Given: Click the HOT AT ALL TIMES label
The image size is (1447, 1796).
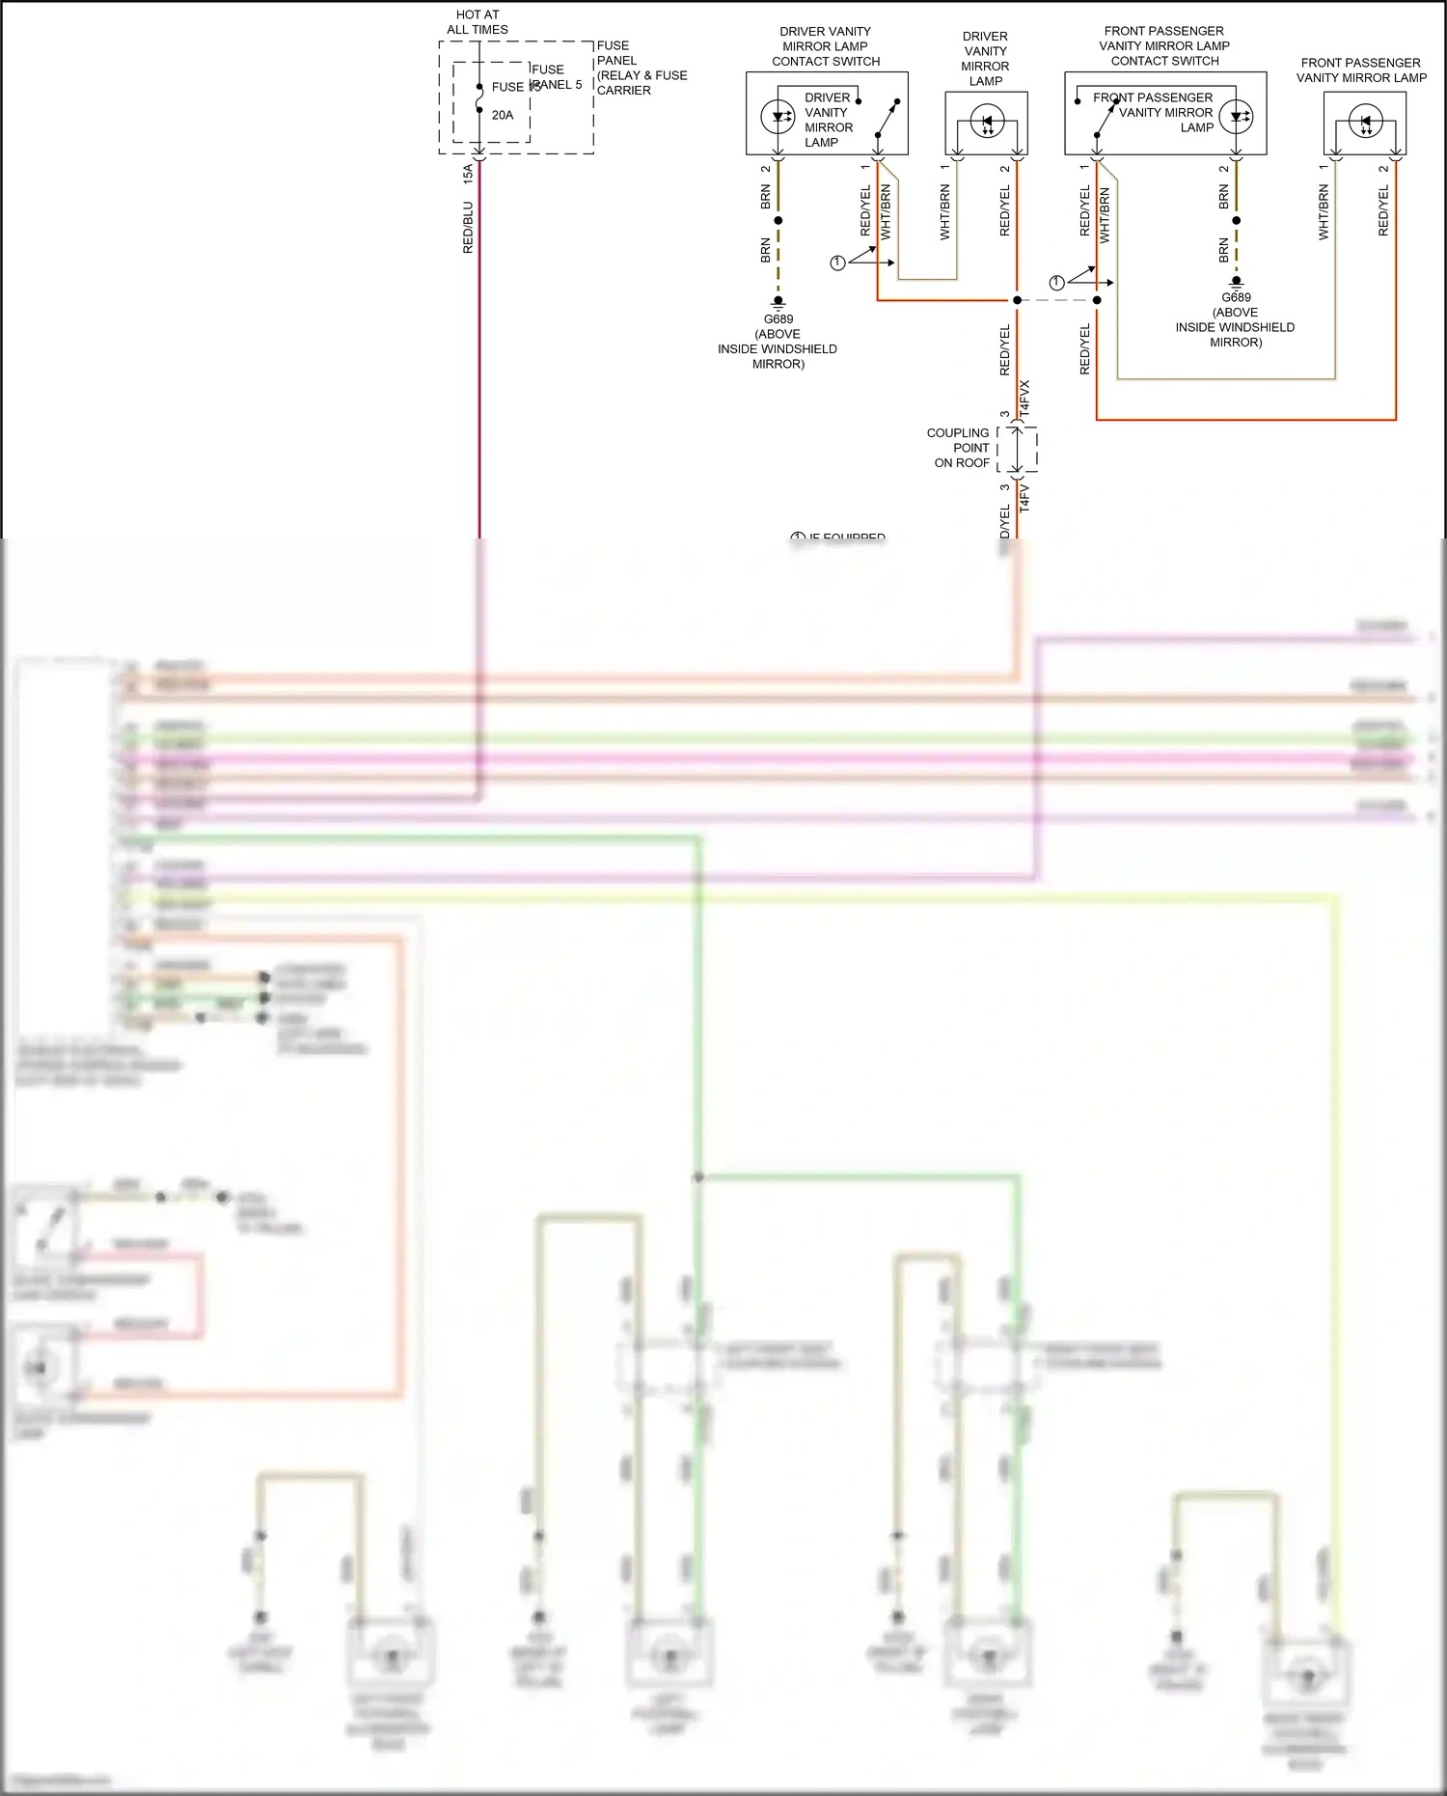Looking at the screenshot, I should click(478, 22).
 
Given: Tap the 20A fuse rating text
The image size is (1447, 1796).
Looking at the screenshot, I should click(503, 115).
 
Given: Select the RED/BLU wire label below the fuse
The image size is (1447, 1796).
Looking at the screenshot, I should click(468, 228).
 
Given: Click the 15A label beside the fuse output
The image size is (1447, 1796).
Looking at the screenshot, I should click(468, 174).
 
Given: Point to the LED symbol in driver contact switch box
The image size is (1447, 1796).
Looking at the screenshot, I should click(778, 118).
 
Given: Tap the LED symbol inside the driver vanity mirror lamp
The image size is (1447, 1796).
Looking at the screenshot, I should click(987, 123).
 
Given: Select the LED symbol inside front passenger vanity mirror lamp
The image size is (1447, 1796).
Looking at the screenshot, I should click(1365, 123).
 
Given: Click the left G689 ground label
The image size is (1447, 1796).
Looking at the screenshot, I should click(778, 319).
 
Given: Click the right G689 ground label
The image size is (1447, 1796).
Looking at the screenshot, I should click(1236, 297).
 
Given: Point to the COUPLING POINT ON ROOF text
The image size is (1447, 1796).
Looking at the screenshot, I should click(959, 448).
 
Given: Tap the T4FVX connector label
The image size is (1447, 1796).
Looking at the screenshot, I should click(1024, 398).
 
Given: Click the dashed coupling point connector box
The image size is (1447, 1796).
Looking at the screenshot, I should click(1019, 450).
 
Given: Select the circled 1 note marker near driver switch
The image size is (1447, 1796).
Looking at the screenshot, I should click(837, 262).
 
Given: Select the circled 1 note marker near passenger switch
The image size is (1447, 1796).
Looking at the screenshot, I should click(1056, 283).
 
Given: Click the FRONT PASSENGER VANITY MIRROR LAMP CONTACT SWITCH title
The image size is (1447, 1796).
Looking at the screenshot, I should click(1164, 45).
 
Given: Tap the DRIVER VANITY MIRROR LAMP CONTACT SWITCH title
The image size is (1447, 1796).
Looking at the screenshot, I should click(826, 46).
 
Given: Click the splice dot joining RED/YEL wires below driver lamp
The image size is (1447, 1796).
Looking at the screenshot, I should click(1017, 300).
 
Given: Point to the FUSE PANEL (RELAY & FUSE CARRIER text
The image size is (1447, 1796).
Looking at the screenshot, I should click(641, 68).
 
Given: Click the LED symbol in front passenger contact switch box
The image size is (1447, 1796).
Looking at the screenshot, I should click(1236, 118).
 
